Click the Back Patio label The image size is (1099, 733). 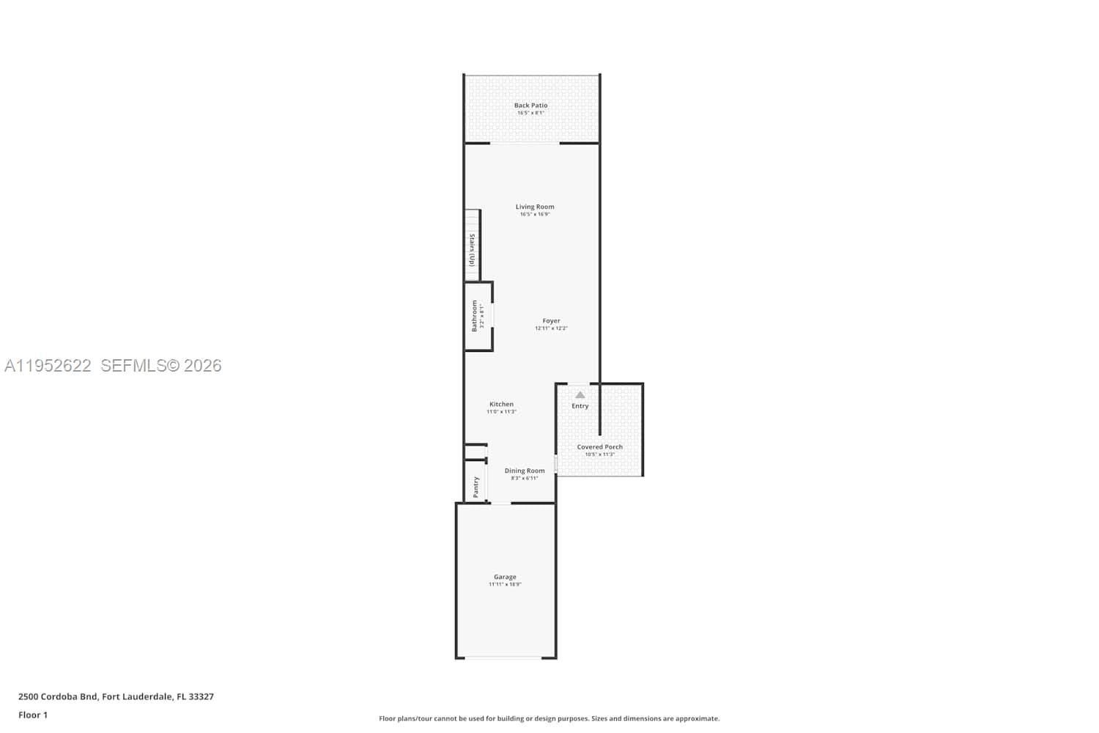pos(530,106)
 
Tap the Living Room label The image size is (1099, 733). pos(535,207)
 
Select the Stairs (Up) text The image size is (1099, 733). pos(473,250)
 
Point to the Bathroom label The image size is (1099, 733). pos(474,316)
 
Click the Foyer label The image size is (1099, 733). pos(551,321)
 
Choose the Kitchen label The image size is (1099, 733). pos(501,404)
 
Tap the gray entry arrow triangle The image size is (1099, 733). pos(580,395)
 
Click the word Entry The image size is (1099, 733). pos(580,406)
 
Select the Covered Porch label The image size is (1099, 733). pos(599,446)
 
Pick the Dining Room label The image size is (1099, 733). pos(525,471)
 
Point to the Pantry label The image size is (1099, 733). pos(476,487)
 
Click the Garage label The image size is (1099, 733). pos(505,577)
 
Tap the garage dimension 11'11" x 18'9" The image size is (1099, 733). pos(505,585)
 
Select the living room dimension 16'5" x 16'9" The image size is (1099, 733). pos(535,215)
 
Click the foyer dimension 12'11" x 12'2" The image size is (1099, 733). pos(551,328)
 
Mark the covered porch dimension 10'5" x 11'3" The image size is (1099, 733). pos(599,454)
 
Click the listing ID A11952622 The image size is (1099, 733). pos(48,366)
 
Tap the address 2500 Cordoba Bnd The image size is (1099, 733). pos(58,696)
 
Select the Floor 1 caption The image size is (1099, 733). pos(33,715)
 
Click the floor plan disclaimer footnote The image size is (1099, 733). pos(549,718)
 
